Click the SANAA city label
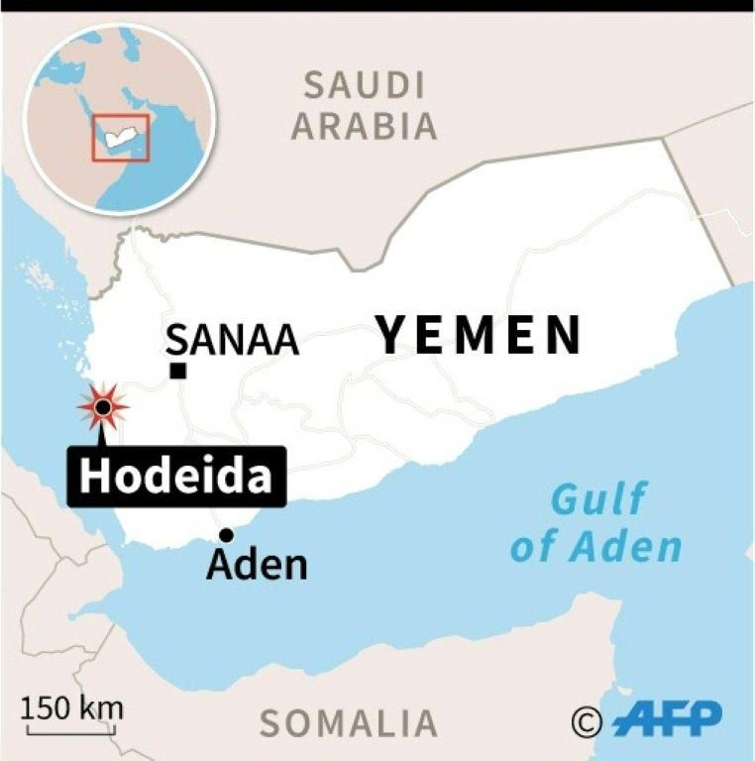[x=233, y=339]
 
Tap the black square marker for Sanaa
[x=178, y=371]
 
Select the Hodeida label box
[x=175, y=477]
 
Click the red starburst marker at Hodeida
[x=102, y=406]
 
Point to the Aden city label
[x=257, y=565]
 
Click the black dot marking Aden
[x=226, y=535]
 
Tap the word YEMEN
[x=478, y=335]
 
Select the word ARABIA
[x=364, y=127]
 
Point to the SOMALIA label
[x=348, y=723]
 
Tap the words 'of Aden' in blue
[x=596, y=546]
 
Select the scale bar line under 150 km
[x=72, y=732]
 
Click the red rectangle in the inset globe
[x=121, y=138]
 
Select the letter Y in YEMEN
[x=393, y=335]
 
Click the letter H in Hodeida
[x=95, y=477]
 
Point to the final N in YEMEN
[x=563, y=335]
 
